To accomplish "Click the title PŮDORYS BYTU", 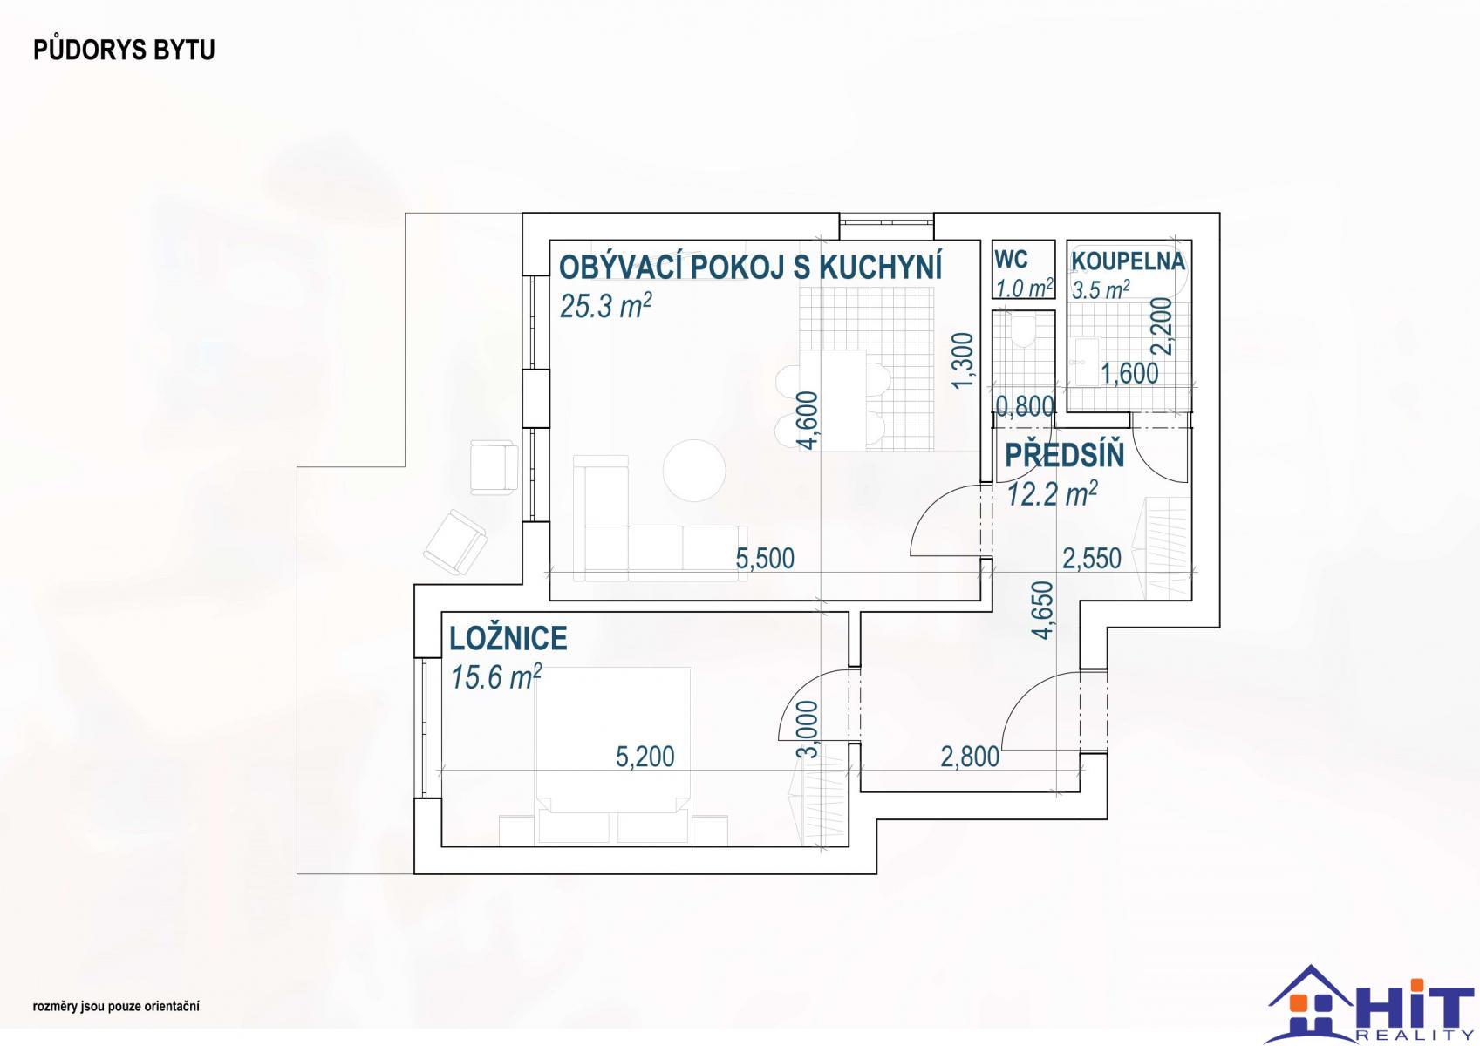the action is point(124,51).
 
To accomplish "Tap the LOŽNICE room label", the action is point(508,638).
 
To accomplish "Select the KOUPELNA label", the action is point(1128,261).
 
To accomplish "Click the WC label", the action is point(1011,260).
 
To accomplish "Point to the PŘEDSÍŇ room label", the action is point(1064,456).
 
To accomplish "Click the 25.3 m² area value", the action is point(605,306).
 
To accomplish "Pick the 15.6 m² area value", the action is point(495,677).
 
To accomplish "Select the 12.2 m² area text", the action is point(1052,493).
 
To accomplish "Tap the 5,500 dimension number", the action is point(765,559).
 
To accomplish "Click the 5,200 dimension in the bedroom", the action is point(645,757).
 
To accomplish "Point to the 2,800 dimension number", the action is point(970,757).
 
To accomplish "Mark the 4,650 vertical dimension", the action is point(1042,610).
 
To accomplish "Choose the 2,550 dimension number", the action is point(1092,559).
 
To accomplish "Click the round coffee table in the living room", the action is point(694,471).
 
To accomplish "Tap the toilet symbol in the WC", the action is point(1025,331).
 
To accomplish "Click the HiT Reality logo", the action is point(1370,1004).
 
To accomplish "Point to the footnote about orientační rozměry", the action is point(116,1007).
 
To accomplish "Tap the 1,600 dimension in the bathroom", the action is point(1129,374).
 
